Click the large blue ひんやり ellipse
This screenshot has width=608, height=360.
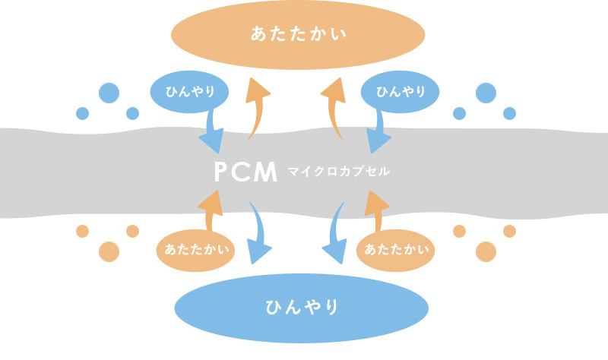click(302, 308)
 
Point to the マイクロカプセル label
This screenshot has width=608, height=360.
click(339, 172)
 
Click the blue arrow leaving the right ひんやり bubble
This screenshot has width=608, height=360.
click(379, 129)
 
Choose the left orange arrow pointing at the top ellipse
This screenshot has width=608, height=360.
click(257, 106)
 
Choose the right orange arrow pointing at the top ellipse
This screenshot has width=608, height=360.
click(334, 106)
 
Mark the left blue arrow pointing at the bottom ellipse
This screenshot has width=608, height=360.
click(262, 235)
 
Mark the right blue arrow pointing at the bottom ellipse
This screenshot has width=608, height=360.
click(334, 235)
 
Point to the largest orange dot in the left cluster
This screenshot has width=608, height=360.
click(109, 251)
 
